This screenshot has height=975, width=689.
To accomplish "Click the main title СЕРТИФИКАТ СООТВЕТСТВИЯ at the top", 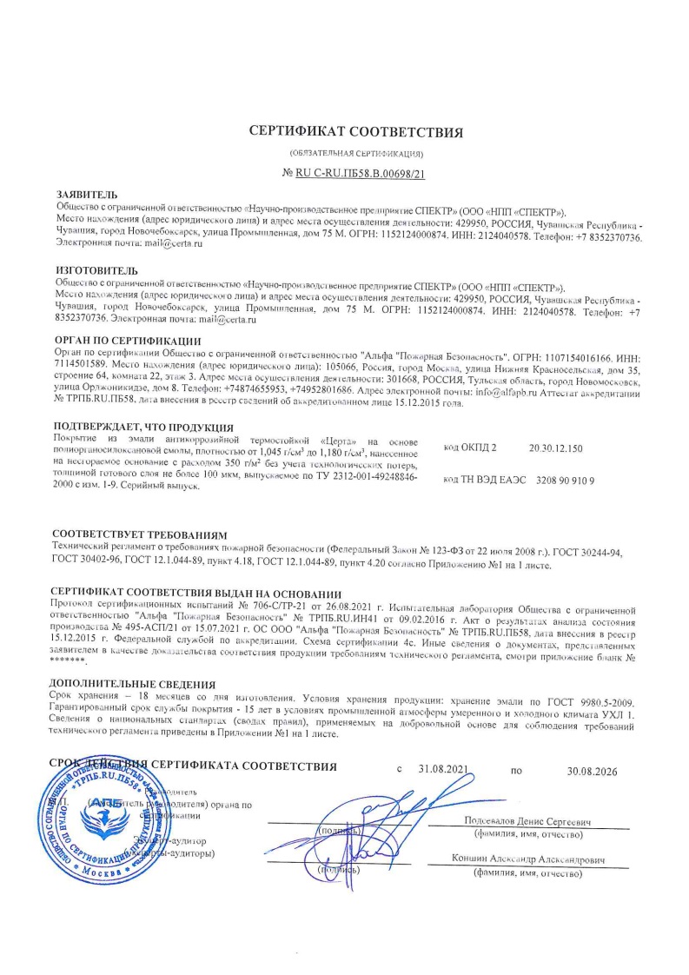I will point(344,132).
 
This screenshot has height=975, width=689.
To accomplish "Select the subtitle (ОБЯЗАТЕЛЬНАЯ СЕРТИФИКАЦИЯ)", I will point(344,154).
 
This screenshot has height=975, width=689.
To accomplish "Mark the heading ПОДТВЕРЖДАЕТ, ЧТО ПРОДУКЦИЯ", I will point(142,428).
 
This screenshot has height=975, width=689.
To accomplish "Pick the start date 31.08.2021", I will point(443,770).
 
